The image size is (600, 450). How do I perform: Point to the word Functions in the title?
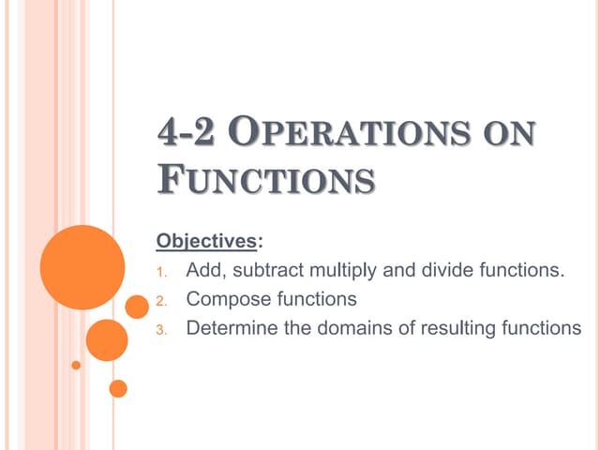point(265,177)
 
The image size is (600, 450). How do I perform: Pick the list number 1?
point(159,273)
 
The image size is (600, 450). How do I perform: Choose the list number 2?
point(159,301)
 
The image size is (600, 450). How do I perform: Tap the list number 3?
point(159,329)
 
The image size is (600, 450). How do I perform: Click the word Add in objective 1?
point(204,272)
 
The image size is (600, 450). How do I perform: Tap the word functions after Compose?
point(317,300)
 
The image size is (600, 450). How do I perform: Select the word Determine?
point(230,328)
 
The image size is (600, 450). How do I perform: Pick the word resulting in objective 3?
point(453,329)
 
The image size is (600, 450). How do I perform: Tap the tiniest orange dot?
point(76,364)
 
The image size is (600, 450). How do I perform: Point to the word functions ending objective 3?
point(541,328)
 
